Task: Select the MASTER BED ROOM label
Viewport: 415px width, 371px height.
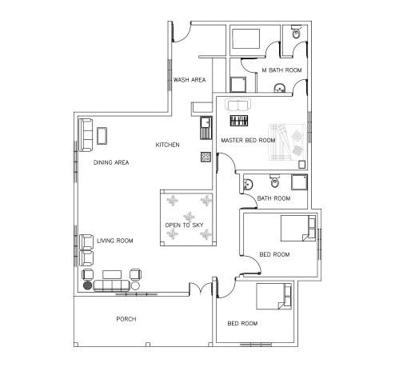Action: pos(248,140)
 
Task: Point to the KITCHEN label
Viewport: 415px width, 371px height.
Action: pos(167,145)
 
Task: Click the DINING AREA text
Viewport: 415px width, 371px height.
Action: pos(111,162)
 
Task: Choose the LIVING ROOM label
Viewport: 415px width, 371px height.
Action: pos(114,240)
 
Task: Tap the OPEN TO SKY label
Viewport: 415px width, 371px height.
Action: pos(183,225)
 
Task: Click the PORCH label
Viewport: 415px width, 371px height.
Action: pos(126,319)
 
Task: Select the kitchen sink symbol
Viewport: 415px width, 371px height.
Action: pos(205,124)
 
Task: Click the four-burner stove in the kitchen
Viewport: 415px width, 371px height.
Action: pos(205,157)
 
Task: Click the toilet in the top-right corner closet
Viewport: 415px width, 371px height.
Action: pos(295,33)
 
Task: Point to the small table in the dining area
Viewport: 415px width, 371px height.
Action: pos(102,135)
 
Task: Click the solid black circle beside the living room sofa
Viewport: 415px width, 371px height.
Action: pos(87,285)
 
